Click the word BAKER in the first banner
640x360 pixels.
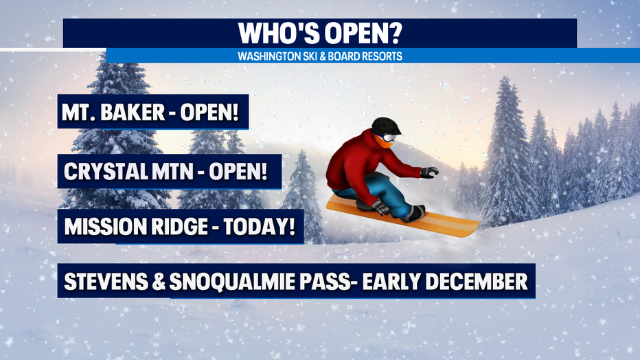coord(133,112)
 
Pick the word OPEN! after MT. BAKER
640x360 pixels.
coord(209,112)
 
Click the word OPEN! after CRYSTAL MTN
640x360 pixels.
coord(238,172)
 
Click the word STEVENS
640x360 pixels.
coord(106,281)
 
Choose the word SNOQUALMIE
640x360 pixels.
coord(232,281)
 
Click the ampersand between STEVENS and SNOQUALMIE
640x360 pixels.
coord(159,281)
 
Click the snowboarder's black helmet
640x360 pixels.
coord(386,126)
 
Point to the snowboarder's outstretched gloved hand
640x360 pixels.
coord(429,172)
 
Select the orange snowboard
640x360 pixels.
coord(402,216)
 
